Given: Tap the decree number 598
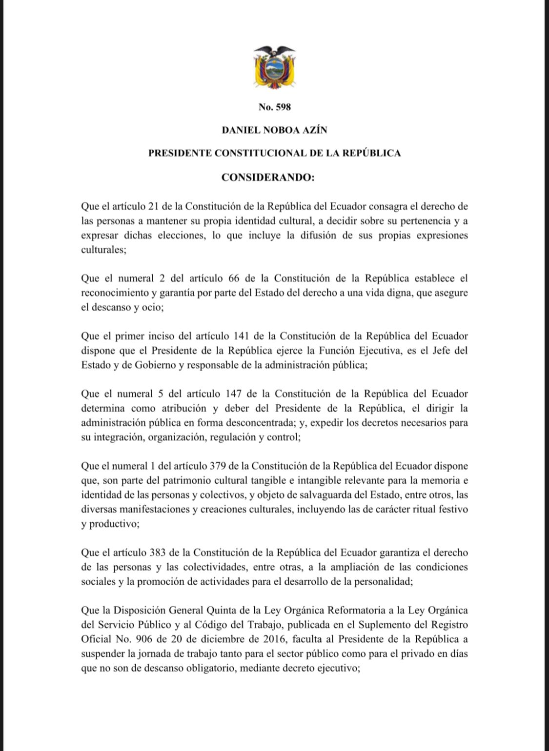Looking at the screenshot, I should point(282,107).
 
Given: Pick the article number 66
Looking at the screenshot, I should point(233,278).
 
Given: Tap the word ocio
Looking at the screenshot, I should point(147,307).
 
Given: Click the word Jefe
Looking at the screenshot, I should point(435,351).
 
